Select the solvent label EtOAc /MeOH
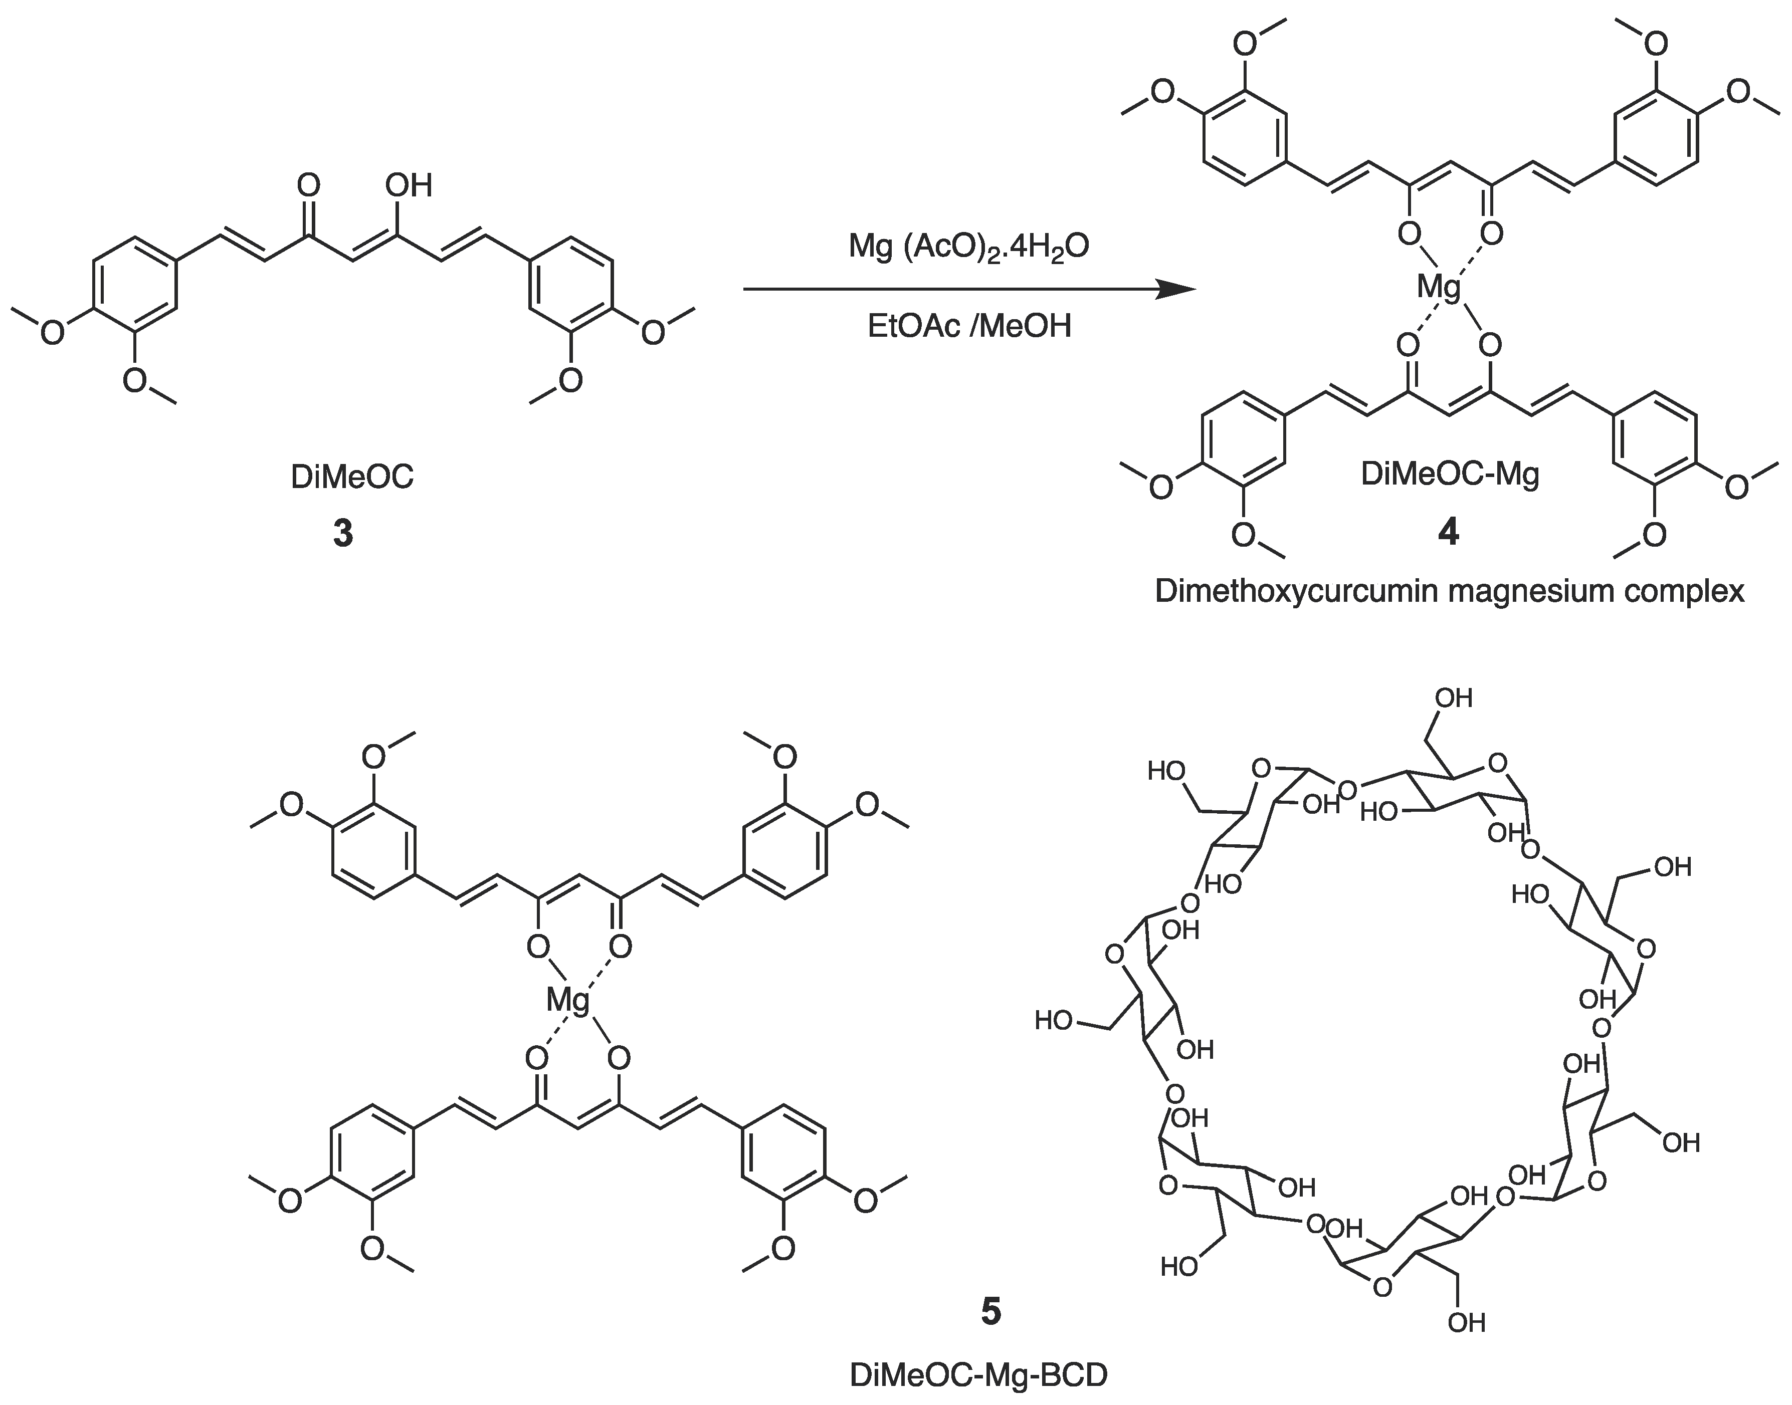coord(969,327)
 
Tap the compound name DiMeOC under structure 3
coord(352,477)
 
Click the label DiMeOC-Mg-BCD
coord(978,1375)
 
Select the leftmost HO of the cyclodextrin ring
coord(1054,1021)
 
